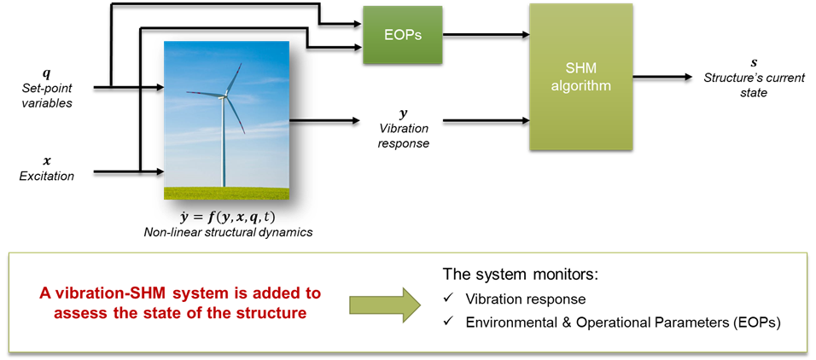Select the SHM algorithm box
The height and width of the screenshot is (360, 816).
tap(580, 77)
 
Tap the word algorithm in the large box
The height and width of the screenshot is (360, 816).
tap(580, 86)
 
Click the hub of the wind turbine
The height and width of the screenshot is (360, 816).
tap(224, 96)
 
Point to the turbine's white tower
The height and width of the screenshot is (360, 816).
tap(224, 145)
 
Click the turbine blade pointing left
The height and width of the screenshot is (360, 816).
tap(203, 93)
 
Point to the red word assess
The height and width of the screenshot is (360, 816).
tap(78, 312)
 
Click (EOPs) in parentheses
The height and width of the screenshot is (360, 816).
tap(755, 322)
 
